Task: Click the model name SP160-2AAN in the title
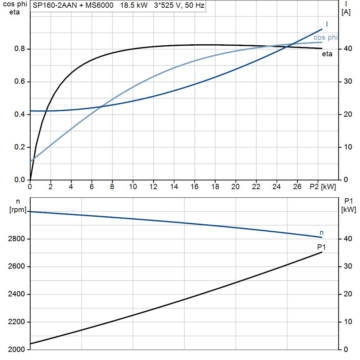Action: point(54,5)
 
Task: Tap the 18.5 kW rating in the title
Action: point(134,5)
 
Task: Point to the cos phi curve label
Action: point(326,37)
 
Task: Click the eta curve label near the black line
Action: point(327,54)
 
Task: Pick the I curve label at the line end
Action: point(327,24)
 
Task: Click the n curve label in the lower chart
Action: point(321,233)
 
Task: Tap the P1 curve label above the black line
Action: point(321,247)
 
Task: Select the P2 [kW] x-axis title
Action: point(323,187)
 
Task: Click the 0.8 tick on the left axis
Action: point(20,49)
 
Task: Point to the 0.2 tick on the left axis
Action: point(20,147)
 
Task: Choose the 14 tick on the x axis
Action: point(174,187)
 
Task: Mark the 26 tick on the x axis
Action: point(297,187)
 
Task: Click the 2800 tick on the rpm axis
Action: point(16,239)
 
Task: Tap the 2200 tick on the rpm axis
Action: point(16,322)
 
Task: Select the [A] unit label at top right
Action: point(346,12)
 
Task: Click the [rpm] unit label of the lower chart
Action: point(18,210)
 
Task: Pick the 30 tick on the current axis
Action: point(348,81)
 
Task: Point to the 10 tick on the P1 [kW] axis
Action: point(348,322)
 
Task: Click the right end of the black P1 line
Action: point(322,252)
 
